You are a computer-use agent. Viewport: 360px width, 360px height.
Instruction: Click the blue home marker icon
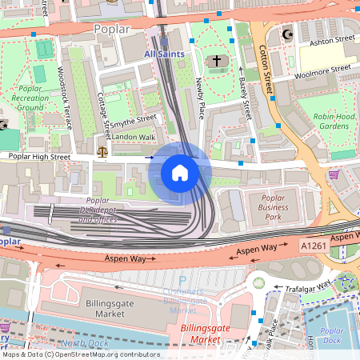pos(180,172)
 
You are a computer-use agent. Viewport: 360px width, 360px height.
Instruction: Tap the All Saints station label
pos(164,54)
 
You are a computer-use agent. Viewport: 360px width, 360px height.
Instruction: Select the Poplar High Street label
pos(38,158)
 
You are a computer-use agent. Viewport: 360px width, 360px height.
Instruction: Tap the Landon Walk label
pos(133,137)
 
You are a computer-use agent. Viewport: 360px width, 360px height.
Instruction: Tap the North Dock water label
pos(82,343)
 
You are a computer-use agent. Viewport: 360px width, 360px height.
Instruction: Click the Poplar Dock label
pos(331,335)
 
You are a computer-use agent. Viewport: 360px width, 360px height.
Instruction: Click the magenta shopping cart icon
pos(334,174)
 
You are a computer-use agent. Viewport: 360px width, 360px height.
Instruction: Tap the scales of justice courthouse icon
pos(102,150)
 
